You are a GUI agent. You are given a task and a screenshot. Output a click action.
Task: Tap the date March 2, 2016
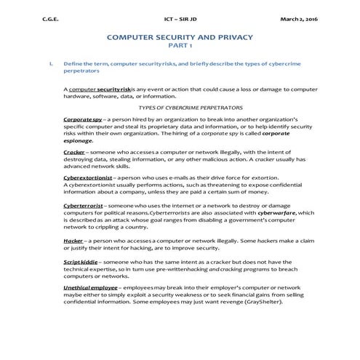pyautogui.click(x=299, y=19)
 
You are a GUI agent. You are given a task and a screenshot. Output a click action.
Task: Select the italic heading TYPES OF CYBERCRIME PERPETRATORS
pyautogui.click(x=180, y=106)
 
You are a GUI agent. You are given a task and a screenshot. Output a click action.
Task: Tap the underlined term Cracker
pyautogui.click(x=74, y=151)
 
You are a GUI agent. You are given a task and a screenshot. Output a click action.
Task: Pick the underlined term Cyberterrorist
pyautogui.click(x=84, y=207)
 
